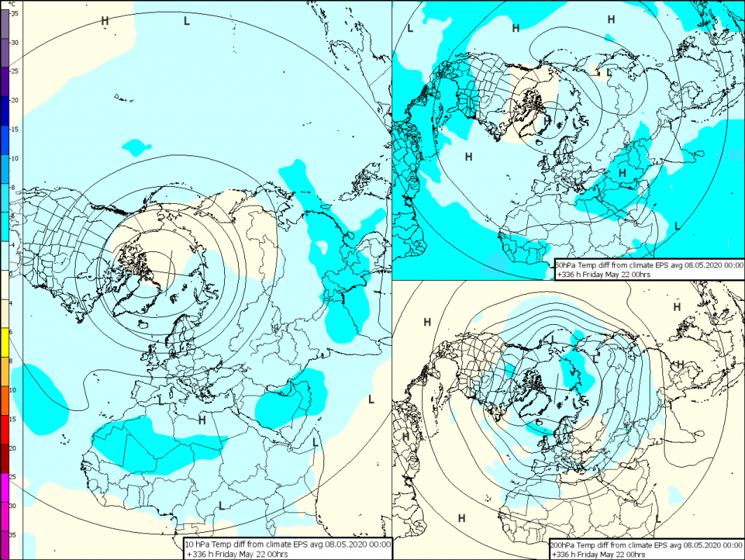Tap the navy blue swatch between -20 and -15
coord(5,111)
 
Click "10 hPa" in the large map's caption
coord(199,544)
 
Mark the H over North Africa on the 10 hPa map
coord(202,420)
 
